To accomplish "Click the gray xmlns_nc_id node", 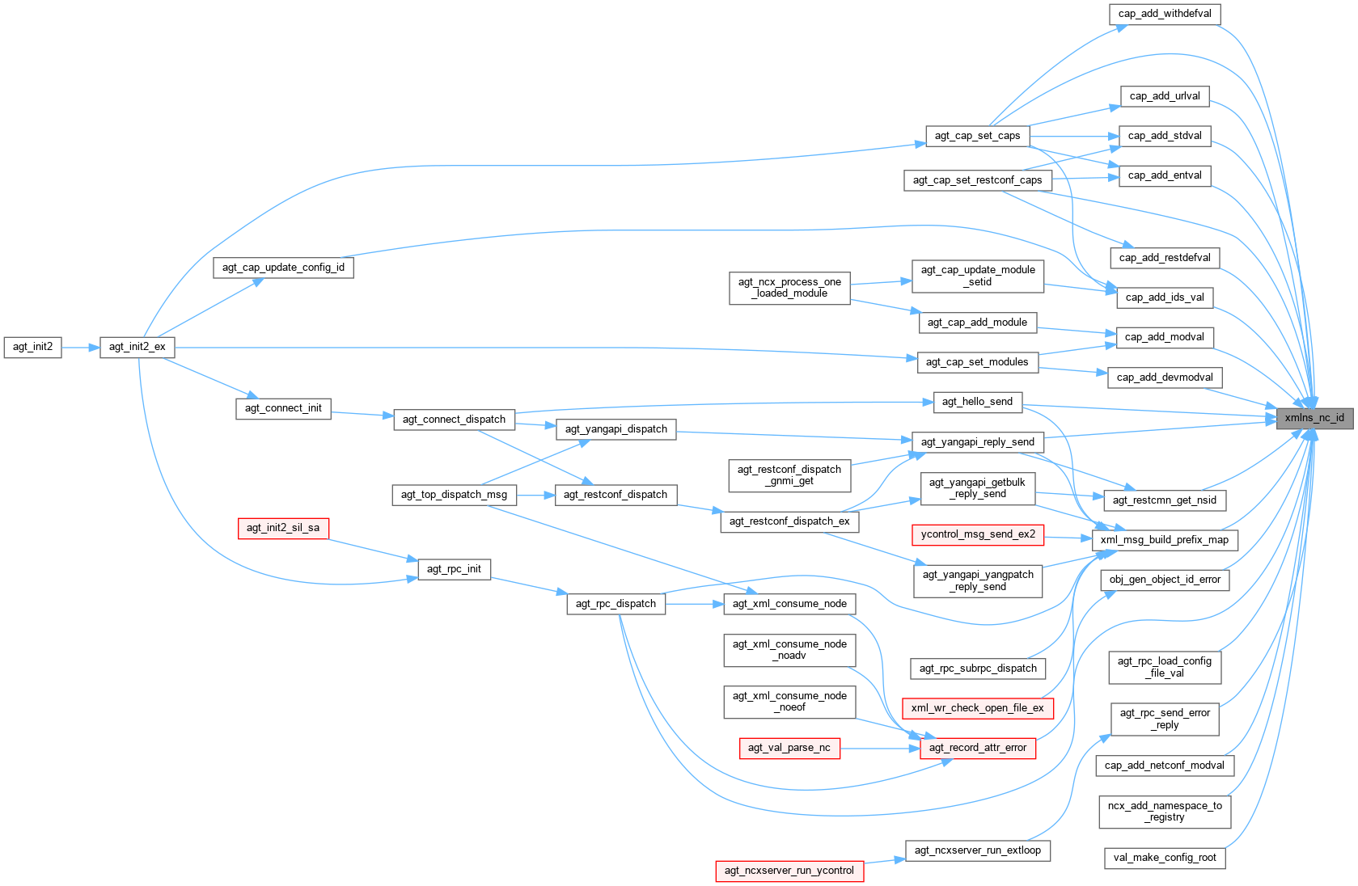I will pyautogui.click(x=1314, y=418).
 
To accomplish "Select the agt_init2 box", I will pyautogui.click(x=32, y=347).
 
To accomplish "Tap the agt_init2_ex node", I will pyautogui.click(x=137, y=347).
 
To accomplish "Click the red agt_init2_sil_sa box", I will pyautogui.click(x=283, y=528).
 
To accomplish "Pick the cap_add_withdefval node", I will pyautogui.click(x=1165, y=14).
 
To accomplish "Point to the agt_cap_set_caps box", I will pyautogui.click(x=977, y=136).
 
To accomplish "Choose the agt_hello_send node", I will pyautogui.click(x=977, y=402).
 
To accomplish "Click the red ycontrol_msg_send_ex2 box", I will pyautogui.click(x=978, y=534).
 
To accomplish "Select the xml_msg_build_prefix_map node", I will pyautogui.click(x=1164, y=540).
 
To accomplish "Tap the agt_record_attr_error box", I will pyautogui.click(x=977, y=748).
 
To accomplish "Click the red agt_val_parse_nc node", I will pyautogui.click(x=789, y=748).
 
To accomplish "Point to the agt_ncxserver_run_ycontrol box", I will pyautogui.click(x=789, y=871).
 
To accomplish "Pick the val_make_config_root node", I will pyautogui.click(x=1164, y=858).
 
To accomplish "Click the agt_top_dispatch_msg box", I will pyautogui.click(x=454, y=495).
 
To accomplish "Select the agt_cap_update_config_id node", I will pyautogui.click(x=283, y=268).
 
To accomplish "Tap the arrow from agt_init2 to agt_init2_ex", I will pyautogui.click(x=81, y=348).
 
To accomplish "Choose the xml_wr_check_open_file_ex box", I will pyautogui.click(x=977, y=708).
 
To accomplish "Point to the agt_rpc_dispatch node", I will pyautogui.click(x=616, y=604).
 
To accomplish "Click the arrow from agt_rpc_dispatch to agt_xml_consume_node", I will pyautogui.click(x=694, y=604).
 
